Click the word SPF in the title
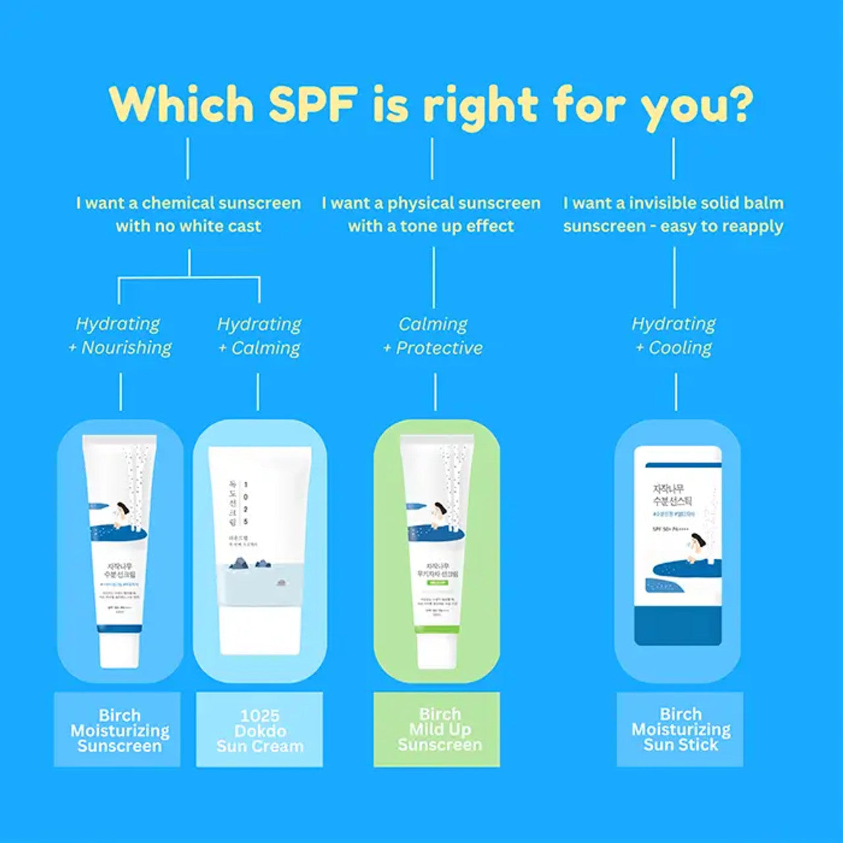point(313,105)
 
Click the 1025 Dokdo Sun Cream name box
point(259,730)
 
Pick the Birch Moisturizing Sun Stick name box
point(680,730)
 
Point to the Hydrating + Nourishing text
point(120,336)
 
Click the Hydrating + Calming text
point(259,336)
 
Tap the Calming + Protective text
point(433,336)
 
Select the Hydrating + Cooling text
point(674,336)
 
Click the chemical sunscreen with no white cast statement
point(188,214)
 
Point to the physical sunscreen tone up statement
point(431,214)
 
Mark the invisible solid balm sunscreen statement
point(673,214)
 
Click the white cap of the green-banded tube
point(436,649)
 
